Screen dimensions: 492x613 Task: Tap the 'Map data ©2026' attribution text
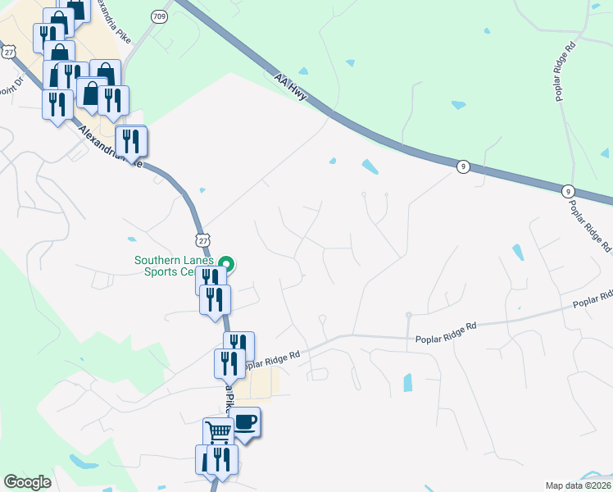578,485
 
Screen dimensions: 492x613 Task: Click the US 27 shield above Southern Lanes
203,238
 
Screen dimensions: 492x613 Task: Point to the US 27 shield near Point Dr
8,51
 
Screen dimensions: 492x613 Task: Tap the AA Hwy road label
291,86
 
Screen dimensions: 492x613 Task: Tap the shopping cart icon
218,431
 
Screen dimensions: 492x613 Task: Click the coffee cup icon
245,421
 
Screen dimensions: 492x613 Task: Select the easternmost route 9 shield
568,190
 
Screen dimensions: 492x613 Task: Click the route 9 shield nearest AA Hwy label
463,166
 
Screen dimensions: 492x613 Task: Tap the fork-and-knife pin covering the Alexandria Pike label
130,142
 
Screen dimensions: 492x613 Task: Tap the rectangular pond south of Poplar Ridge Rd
408,382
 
